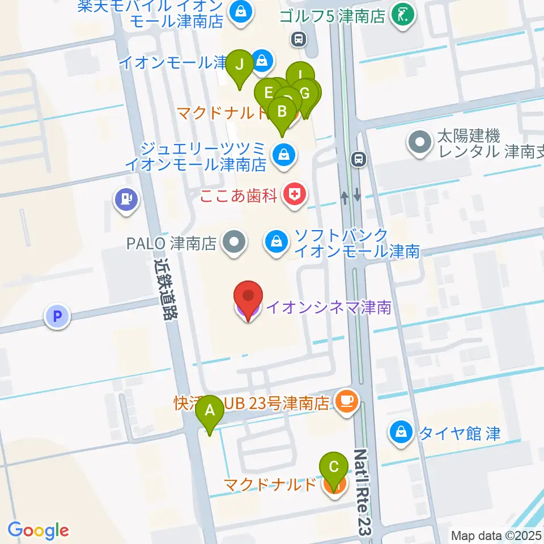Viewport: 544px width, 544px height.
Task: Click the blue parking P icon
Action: point(57,316)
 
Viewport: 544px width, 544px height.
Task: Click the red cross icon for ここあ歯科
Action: point(294,196)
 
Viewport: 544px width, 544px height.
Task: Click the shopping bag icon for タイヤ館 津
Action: point(401,433)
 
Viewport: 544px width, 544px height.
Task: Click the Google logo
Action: point(38,530)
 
